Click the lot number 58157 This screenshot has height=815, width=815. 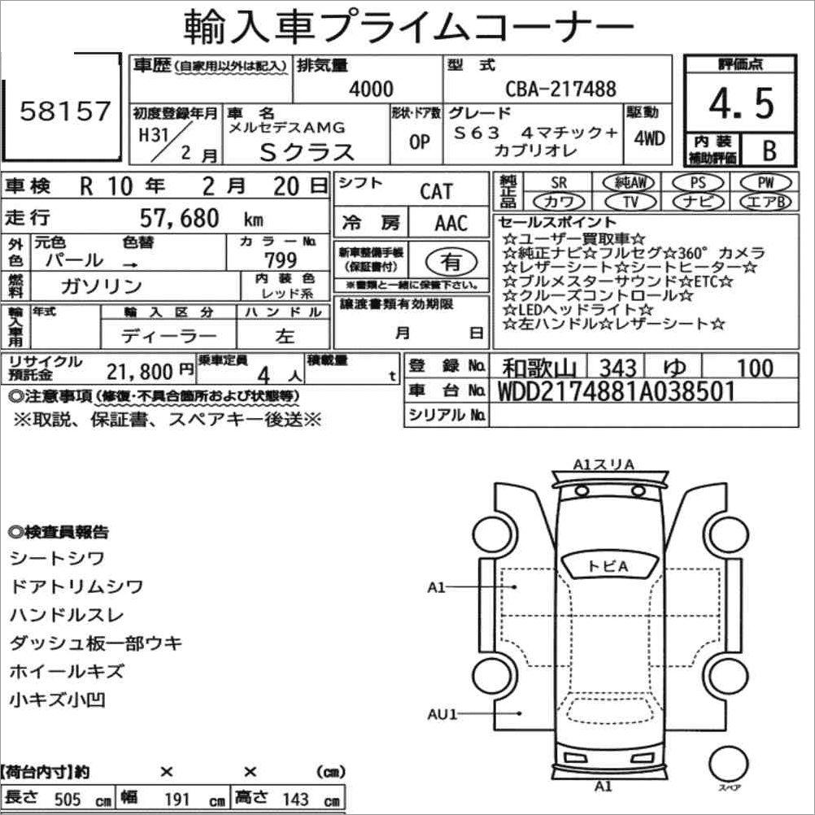pyautogui.click(x=66, y=111)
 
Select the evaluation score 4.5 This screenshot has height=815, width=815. pyautogui.click(x=742, y=103)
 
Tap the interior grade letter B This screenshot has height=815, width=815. pyautogui.click(x=769, y=150)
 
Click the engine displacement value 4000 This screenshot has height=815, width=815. pyautogui.click(x=371, y=89)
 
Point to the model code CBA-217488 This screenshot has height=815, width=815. pyautogui.click(x=561, y=89)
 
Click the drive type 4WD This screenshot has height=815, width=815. pyautogui.click(x=649, y=138)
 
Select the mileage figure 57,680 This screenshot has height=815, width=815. pyautogui.click(x=179, y=218)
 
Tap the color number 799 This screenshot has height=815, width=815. pyautogui.click(x=281, y=259)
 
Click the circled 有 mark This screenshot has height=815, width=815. pyautogui.click(x=451, y=261)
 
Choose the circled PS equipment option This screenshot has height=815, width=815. pyautogui.click(x=698, y=182)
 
